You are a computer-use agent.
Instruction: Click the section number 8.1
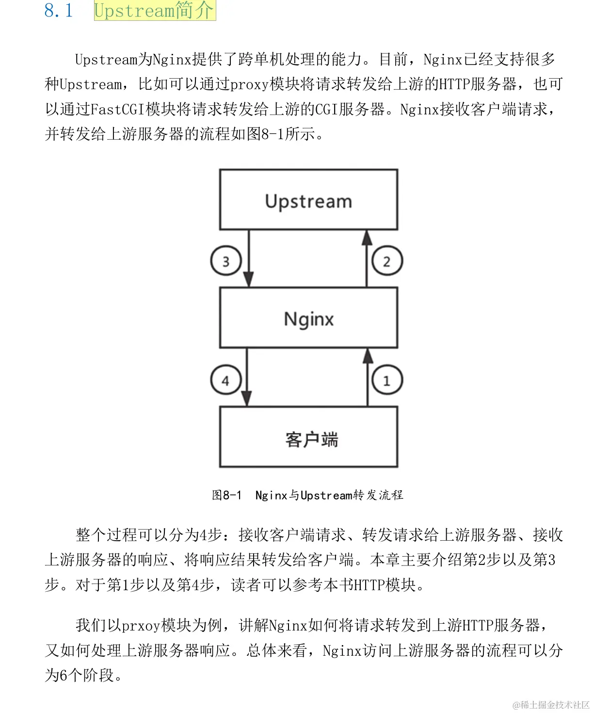[x=59, y=11]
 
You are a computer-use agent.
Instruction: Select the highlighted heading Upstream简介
[x=154, y=11]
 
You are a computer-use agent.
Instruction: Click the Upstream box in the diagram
[x=308, y=200]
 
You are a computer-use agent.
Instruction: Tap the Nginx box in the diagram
[x=308, y=318]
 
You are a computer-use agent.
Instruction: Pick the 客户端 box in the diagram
[x=308, y=437]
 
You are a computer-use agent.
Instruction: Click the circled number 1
[x=387, y=380]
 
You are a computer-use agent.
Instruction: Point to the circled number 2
[x=387, y=261]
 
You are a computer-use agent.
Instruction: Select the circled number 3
[x=226, y=261]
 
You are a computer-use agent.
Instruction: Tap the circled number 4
[x=226, y=380]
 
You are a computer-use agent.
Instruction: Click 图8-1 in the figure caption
[x=226, y=495]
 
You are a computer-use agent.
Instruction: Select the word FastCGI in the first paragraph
[x=118, y=109]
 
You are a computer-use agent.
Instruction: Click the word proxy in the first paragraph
[x=249, y=84]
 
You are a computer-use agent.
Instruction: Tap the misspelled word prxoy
[x=141, y=625]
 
